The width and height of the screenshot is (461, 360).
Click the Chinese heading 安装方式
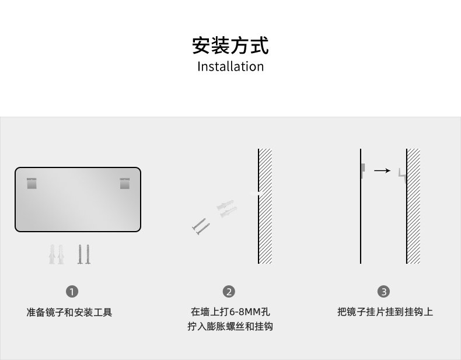(x=230, y=46)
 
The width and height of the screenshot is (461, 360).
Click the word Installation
(x=230, y=67)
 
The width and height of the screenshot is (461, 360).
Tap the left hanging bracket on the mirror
(x=32, y=183)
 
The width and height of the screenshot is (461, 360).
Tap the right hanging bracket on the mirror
(x=125, y=183)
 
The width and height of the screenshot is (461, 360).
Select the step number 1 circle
(x=72, y=292)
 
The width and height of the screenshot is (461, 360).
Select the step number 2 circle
(x=229, y=292)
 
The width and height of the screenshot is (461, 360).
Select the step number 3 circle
(x=383, y=292)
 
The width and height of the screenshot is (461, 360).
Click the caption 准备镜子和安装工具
(x=69, y=312)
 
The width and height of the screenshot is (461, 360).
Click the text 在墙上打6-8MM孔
(x=230, y=312)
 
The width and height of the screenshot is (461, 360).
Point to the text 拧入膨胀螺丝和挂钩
(x=230, y=326)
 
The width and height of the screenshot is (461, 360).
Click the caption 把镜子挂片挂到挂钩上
(x=385, y=312)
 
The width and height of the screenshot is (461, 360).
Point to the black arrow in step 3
(x=382, y=170)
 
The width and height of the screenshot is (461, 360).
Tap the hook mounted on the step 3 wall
(x=402, y=176)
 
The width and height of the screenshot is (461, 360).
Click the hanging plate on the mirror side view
(x=363, y=170)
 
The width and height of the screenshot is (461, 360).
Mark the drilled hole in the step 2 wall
(x=257, y=193)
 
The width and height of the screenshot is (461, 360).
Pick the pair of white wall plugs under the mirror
(x=56, y=254)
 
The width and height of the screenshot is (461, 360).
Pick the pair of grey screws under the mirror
(x=84, y=254)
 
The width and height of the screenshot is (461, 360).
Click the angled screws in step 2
(x=201, y=226)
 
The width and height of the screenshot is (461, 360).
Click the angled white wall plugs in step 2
(x=226, y=208)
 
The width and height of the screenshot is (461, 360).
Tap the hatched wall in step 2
(x=265, y=206)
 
